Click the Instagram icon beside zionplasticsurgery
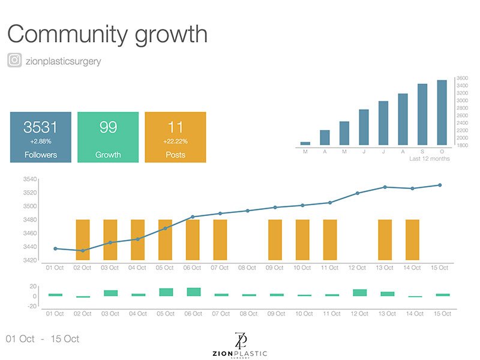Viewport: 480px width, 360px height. click(14, 61)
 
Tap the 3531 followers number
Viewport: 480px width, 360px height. click(40, 127)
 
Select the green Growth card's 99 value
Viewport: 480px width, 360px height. click(108, 127)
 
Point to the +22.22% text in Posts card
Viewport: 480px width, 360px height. click(175, 142)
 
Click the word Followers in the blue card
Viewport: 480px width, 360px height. click(40, 155)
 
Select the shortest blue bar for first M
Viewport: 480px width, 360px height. click(305, 143)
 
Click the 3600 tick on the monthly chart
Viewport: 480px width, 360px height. click(462, 78)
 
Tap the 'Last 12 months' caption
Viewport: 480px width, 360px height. click(429, 159)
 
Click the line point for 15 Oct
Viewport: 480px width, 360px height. click(440, 185)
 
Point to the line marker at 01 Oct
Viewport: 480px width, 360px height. click(55, 248)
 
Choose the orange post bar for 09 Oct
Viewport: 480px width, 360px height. click(275, 240)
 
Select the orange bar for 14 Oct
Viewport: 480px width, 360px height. click(412, 240)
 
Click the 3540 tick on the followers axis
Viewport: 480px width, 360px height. click(30, 179)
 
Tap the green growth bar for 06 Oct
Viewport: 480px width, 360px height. click(193, 292)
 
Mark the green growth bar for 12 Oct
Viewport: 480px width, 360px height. click(359, 293)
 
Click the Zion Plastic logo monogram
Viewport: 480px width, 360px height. click(242, 340)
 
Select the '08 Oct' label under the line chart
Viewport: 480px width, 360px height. click(247, 268)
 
